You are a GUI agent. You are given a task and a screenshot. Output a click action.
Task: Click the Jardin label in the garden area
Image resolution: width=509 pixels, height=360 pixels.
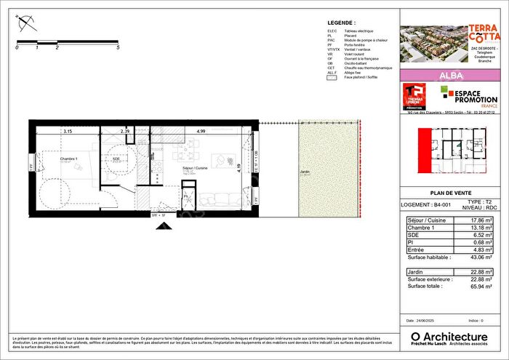(x=306, y=172)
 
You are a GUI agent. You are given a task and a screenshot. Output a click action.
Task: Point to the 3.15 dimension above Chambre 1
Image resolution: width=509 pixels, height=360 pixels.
(x=68, y=132)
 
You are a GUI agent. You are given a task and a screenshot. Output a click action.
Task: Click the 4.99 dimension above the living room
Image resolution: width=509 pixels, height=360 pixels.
(x=201, y=132)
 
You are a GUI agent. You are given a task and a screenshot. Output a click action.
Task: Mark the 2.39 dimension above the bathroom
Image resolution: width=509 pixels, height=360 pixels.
(x=125, y=132)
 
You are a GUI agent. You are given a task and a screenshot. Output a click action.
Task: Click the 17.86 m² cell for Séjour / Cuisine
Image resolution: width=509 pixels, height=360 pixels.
(x=483, y=220)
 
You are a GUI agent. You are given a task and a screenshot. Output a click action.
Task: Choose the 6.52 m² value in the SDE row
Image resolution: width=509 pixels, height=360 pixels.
(x=483, y=235)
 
